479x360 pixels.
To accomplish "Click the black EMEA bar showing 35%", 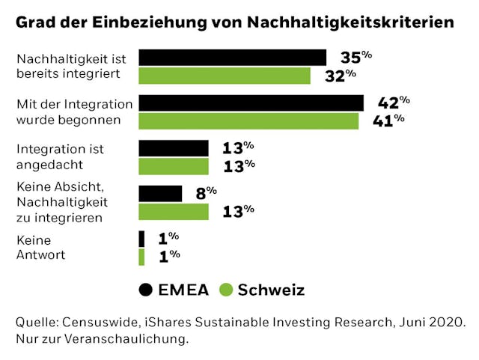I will click(x=233, y=58).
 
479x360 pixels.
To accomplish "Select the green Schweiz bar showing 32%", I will click(x=225, y=76).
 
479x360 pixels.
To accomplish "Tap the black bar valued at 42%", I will click(x=251, y=103).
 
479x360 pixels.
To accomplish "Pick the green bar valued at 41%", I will click(x=248, y=120).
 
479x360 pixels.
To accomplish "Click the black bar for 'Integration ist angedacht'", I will click(x=174, y=148).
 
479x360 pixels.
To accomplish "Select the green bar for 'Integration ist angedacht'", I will click(x=174, y=166).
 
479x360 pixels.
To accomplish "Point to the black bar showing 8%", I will click(x=160, y=194).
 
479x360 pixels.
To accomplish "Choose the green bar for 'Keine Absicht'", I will click(x=174, y=212).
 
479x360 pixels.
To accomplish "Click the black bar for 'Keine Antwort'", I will click(x=141, y=239).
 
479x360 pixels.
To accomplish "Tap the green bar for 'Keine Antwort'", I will click(x=141, y=257).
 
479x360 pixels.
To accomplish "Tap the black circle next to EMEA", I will click(x=147, y=290).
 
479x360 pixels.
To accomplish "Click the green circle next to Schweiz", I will click(x=226, y=290).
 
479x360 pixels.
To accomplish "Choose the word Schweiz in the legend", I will click(x=271, y=290).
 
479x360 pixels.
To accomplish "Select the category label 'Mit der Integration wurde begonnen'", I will click(x=74, y=112).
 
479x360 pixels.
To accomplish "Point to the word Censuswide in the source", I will click(x=100, y=322).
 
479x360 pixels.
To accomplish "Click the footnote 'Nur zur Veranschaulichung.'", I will click(x=102, y=339).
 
